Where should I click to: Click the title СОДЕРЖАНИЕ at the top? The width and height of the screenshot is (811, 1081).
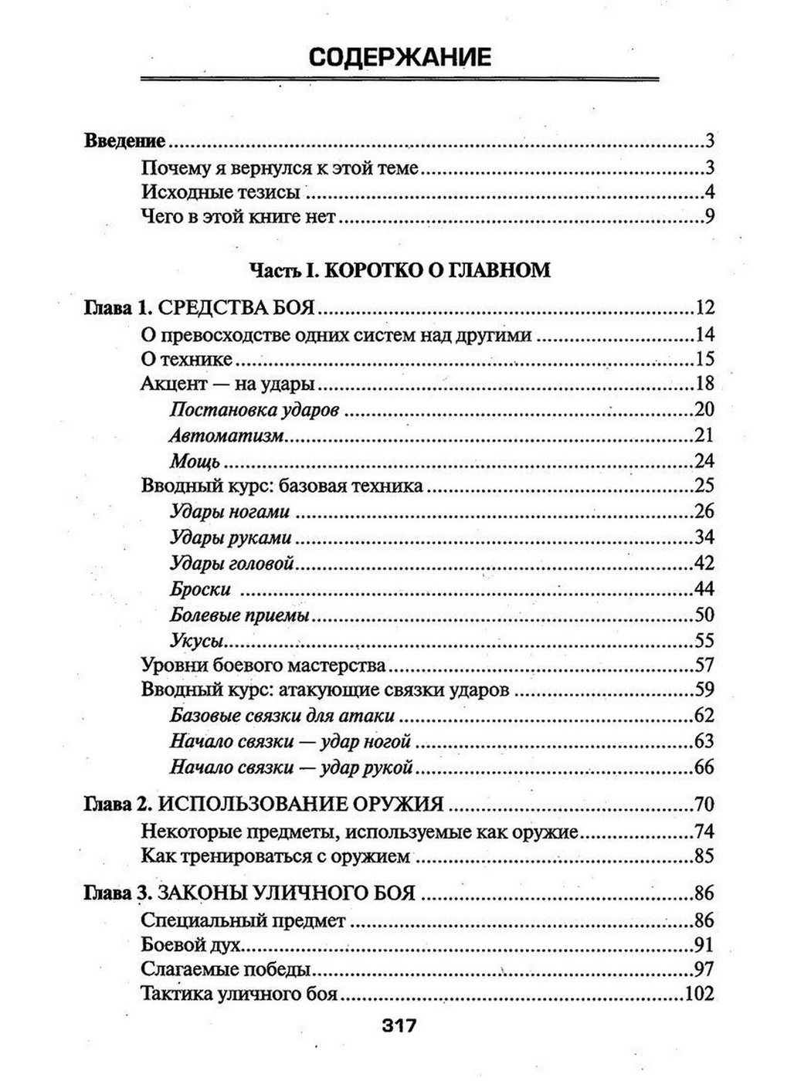[x=399, y=57]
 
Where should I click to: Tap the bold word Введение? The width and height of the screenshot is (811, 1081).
[x=124, y=141]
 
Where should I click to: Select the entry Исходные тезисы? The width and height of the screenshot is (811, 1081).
[x=220, y=192]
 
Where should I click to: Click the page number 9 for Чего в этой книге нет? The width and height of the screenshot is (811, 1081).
[x=709, y=217]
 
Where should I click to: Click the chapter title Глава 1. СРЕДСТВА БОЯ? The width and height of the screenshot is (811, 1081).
[x=199, y=308]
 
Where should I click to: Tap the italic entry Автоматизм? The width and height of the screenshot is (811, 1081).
[x=227, y=435]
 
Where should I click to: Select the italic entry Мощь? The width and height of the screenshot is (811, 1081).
[x=195, y=462]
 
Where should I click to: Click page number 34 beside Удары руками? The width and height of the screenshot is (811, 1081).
[x=704, y=537]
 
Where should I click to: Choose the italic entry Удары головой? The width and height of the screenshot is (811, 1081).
[x=232, y=564]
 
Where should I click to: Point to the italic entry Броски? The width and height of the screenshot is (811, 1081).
[x=200, y=589]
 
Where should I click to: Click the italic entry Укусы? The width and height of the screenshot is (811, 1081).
[x=197, y=640]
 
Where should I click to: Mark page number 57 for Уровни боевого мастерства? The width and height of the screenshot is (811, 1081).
[x=704, y=665]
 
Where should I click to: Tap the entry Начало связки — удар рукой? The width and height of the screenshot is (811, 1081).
[x=291, y=768]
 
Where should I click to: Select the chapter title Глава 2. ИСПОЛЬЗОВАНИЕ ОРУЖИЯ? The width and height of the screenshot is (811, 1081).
[x=263, y=805]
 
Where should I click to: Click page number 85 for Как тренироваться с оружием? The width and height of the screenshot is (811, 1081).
[x=704, y=856]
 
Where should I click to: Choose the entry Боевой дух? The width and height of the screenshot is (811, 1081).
[x=192, y=945]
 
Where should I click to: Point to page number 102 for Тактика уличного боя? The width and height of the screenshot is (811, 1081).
[x=699, y=994]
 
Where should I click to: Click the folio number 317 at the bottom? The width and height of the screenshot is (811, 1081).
[x=399, y=1025]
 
